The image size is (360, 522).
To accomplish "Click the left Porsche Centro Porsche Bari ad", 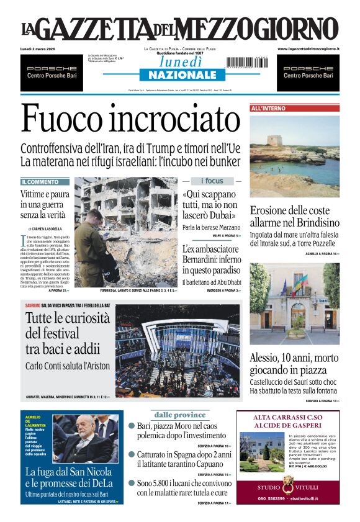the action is pos(52,72).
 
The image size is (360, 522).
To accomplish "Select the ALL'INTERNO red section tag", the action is pos(269,108).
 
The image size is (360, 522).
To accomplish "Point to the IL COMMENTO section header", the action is pos(41,182).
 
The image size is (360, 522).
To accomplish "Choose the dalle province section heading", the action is pos(180,415).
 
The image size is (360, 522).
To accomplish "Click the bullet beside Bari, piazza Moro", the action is pos(132,426).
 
